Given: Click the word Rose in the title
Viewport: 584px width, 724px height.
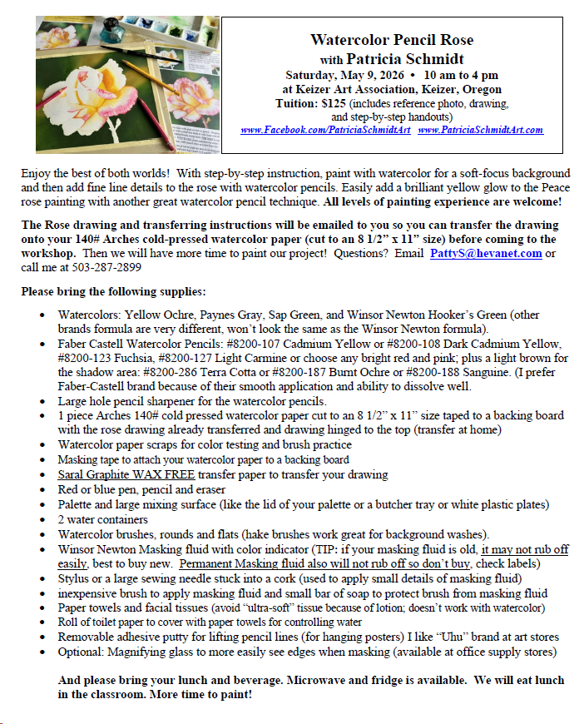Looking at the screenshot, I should pyautogui.click(x=454, y=40).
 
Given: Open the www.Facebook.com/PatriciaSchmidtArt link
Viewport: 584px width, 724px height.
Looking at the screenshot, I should pyautogui.click(x=325, y=130).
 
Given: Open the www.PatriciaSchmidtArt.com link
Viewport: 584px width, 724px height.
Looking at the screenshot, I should pyautogui.click(x=480, y=130).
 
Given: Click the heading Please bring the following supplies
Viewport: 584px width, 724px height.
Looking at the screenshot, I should pyautogui.click(x=113, y=292).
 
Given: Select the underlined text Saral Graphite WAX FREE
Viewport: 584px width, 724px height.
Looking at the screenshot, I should pyautogui.click(x=126, y=474).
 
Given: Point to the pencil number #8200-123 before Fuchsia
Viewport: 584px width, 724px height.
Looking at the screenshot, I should pyautogui.click(x=86, y=359).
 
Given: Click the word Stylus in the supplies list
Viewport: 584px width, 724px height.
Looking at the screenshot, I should pyautogui.click(x=72, y=578).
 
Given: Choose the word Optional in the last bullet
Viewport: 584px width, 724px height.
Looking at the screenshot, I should pyautogui.click(x=81, y=652).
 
